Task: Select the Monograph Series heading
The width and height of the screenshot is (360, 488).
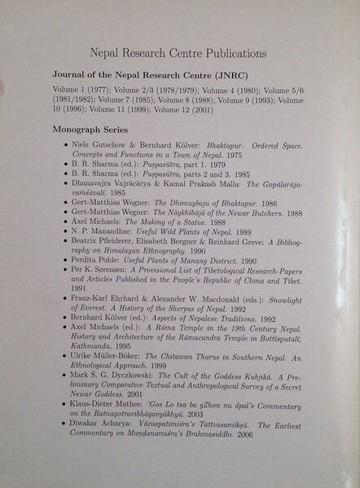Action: coord(90,129)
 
